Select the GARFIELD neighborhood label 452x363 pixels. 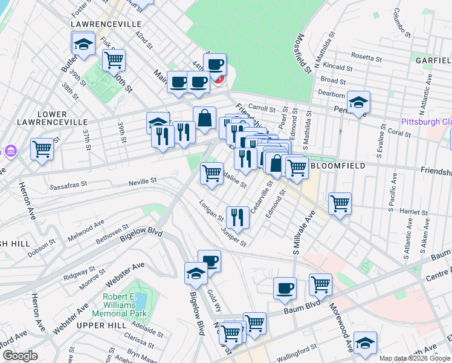(433, 60)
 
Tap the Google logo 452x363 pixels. (19, 356)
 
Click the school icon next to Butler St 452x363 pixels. (83, 44)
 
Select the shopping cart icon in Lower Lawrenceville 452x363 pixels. (42, 148)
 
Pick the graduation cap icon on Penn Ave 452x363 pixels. (358, 102)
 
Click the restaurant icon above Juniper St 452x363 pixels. (237, 217)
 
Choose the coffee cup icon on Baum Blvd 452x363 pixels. (285, 289)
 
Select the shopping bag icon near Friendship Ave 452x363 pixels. (205, 117)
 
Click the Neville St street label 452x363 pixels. (143, 180)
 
